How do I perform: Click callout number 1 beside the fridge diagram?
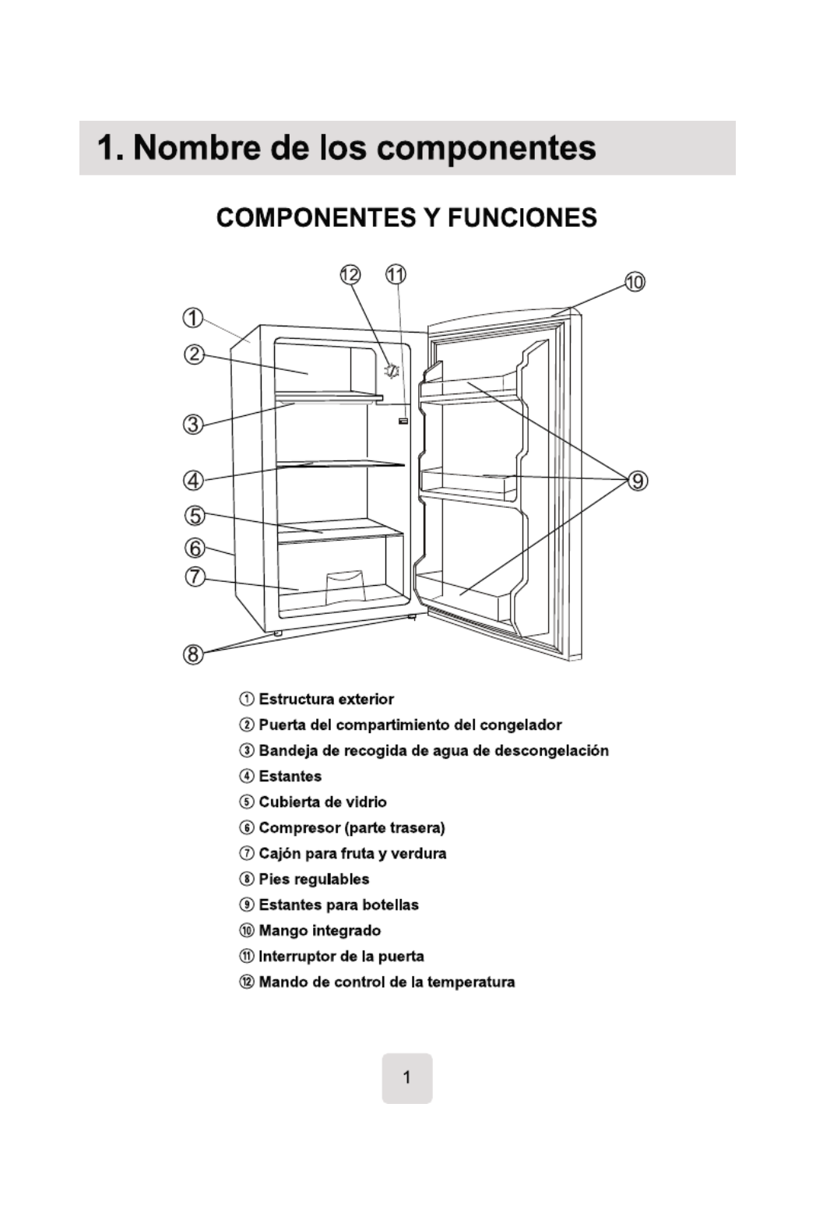[x=193, y=319]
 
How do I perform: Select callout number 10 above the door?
[x=635, y=282]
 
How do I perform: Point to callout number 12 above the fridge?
[x=350, y=274]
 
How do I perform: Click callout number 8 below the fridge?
[x=193, y=654]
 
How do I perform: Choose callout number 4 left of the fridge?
[x=193, y=481]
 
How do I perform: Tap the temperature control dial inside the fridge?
[x=392, y=371]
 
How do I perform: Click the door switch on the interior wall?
[x=403, y=421]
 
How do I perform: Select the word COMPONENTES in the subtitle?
[x=317, y=218]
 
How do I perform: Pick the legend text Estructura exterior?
[x=325, y=700]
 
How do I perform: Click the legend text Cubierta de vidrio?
[x=322, y=802]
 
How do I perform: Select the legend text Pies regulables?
[x=314, y=880]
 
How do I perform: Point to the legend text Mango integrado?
[x=320, y=931]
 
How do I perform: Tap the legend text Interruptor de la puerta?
[x=341, y=957]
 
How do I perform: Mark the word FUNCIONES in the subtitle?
[x=522, y=218]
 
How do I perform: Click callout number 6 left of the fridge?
[x=194, y=548]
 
